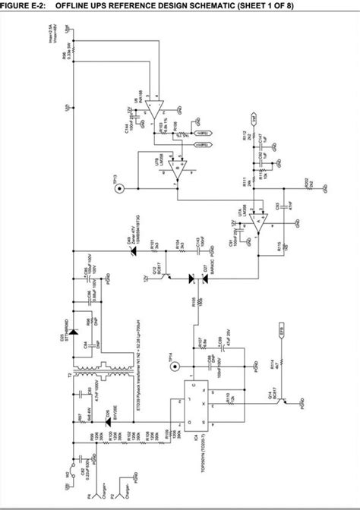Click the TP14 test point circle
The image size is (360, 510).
pos(175,366)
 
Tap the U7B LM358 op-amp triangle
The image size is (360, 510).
pos(176,172)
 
